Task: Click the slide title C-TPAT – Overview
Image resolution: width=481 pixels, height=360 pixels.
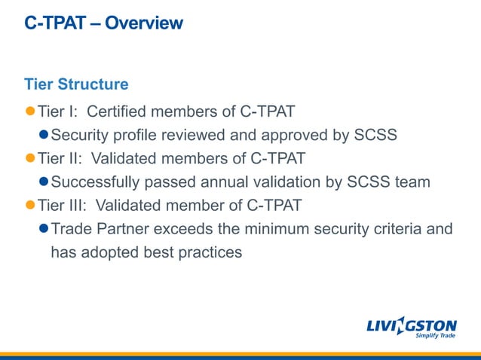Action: click(103, 23)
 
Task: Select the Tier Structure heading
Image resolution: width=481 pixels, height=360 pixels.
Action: click(76, 84)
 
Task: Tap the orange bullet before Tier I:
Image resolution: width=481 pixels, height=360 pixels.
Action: click(30, 111)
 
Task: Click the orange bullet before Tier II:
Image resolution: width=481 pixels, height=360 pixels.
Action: click(30, 158)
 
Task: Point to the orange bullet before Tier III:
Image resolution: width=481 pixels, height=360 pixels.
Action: click(30, 205)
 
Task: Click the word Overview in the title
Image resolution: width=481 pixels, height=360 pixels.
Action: click(144, 23)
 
